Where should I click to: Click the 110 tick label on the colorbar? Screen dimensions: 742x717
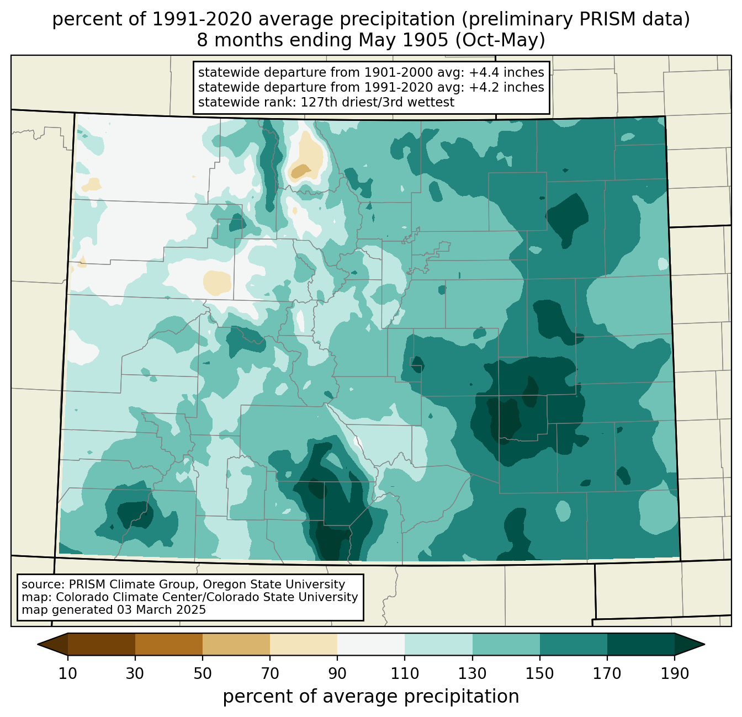point(405,673)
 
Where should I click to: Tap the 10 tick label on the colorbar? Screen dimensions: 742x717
point(68,673)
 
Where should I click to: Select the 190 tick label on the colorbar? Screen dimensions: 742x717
point(674,673)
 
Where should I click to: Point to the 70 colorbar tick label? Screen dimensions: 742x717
point(270,673)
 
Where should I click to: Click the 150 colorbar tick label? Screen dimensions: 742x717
point(539,673)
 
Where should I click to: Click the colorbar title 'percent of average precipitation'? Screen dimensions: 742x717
point(371,697)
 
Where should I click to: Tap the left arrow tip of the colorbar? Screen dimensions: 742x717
point(38,644)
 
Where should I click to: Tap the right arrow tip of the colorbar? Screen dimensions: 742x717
point(704,644)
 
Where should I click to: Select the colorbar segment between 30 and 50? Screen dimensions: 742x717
point(169,644)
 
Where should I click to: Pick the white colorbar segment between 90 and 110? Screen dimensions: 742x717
point(371,644)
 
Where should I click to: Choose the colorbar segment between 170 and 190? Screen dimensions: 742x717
point(640,644)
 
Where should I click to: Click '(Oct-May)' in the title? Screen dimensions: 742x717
point(500,40)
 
